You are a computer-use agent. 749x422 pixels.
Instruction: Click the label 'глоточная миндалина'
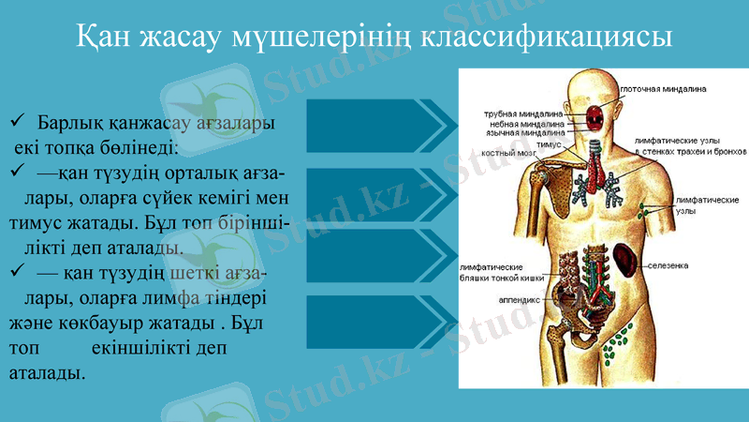662,90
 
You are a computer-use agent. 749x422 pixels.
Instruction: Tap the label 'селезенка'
668,265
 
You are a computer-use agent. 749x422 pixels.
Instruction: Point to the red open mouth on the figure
595,116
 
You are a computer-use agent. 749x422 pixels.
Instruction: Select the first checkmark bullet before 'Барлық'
16,123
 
